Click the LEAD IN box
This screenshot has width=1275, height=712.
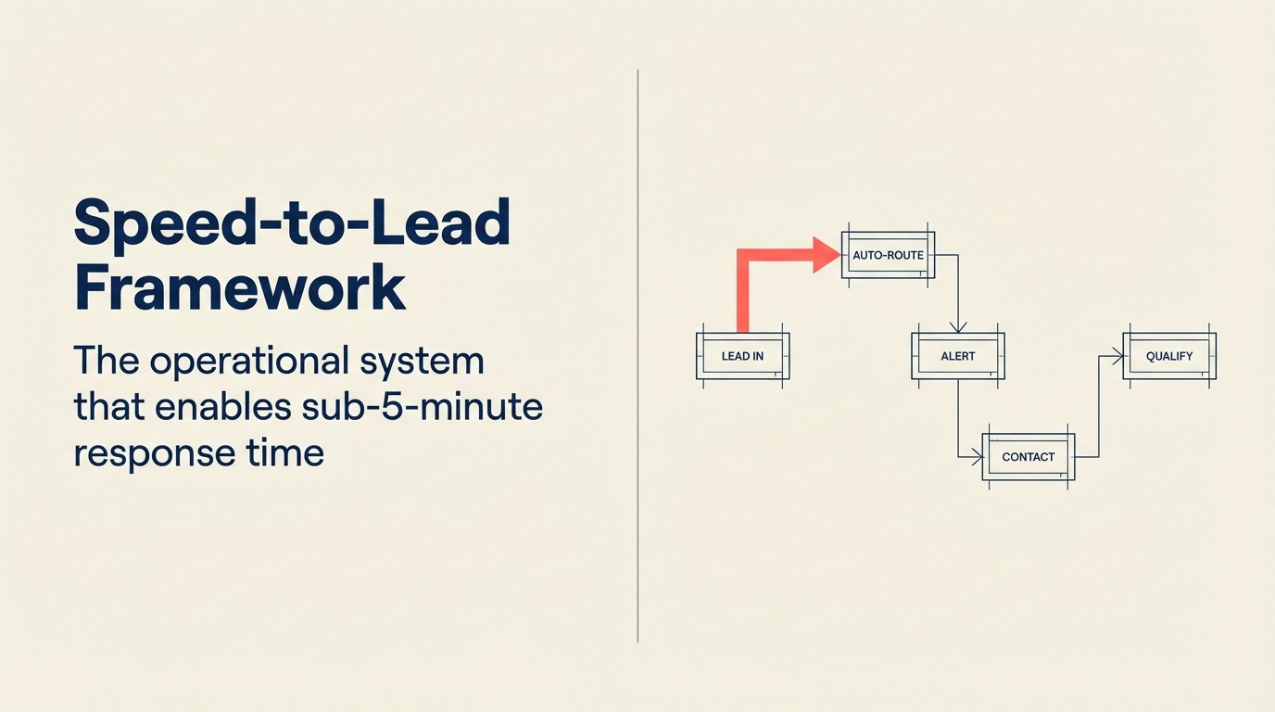coord(742,356)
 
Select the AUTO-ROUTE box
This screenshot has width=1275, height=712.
coord(888,255)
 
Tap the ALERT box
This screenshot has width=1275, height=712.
coord(957,356)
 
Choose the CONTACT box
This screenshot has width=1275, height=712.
coord(1028,457)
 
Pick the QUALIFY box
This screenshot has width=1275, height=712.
coord(1168,356)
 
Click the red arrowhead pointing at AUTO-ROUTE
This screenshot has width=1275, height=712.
coord(826,255)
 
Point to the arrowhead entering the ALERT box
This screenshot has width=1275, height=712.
coord(957,326)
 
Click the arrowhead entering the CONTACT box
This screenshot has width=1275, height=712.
coord(976,456)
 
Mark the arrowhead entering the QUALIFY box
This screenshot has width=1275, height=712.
coord(1117,356)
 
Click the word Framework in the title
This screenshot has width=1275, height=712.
coord(239,288)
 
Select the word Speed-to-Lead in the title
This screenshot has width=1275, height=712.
coord(291,222)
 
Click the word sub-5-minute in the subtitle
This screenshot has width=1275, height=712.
coord(415,407)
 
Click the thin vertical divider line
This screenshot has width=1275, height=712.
coord(638,356)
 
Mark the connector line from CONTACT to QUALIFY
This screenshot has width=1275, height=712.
coord(1098,408)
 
